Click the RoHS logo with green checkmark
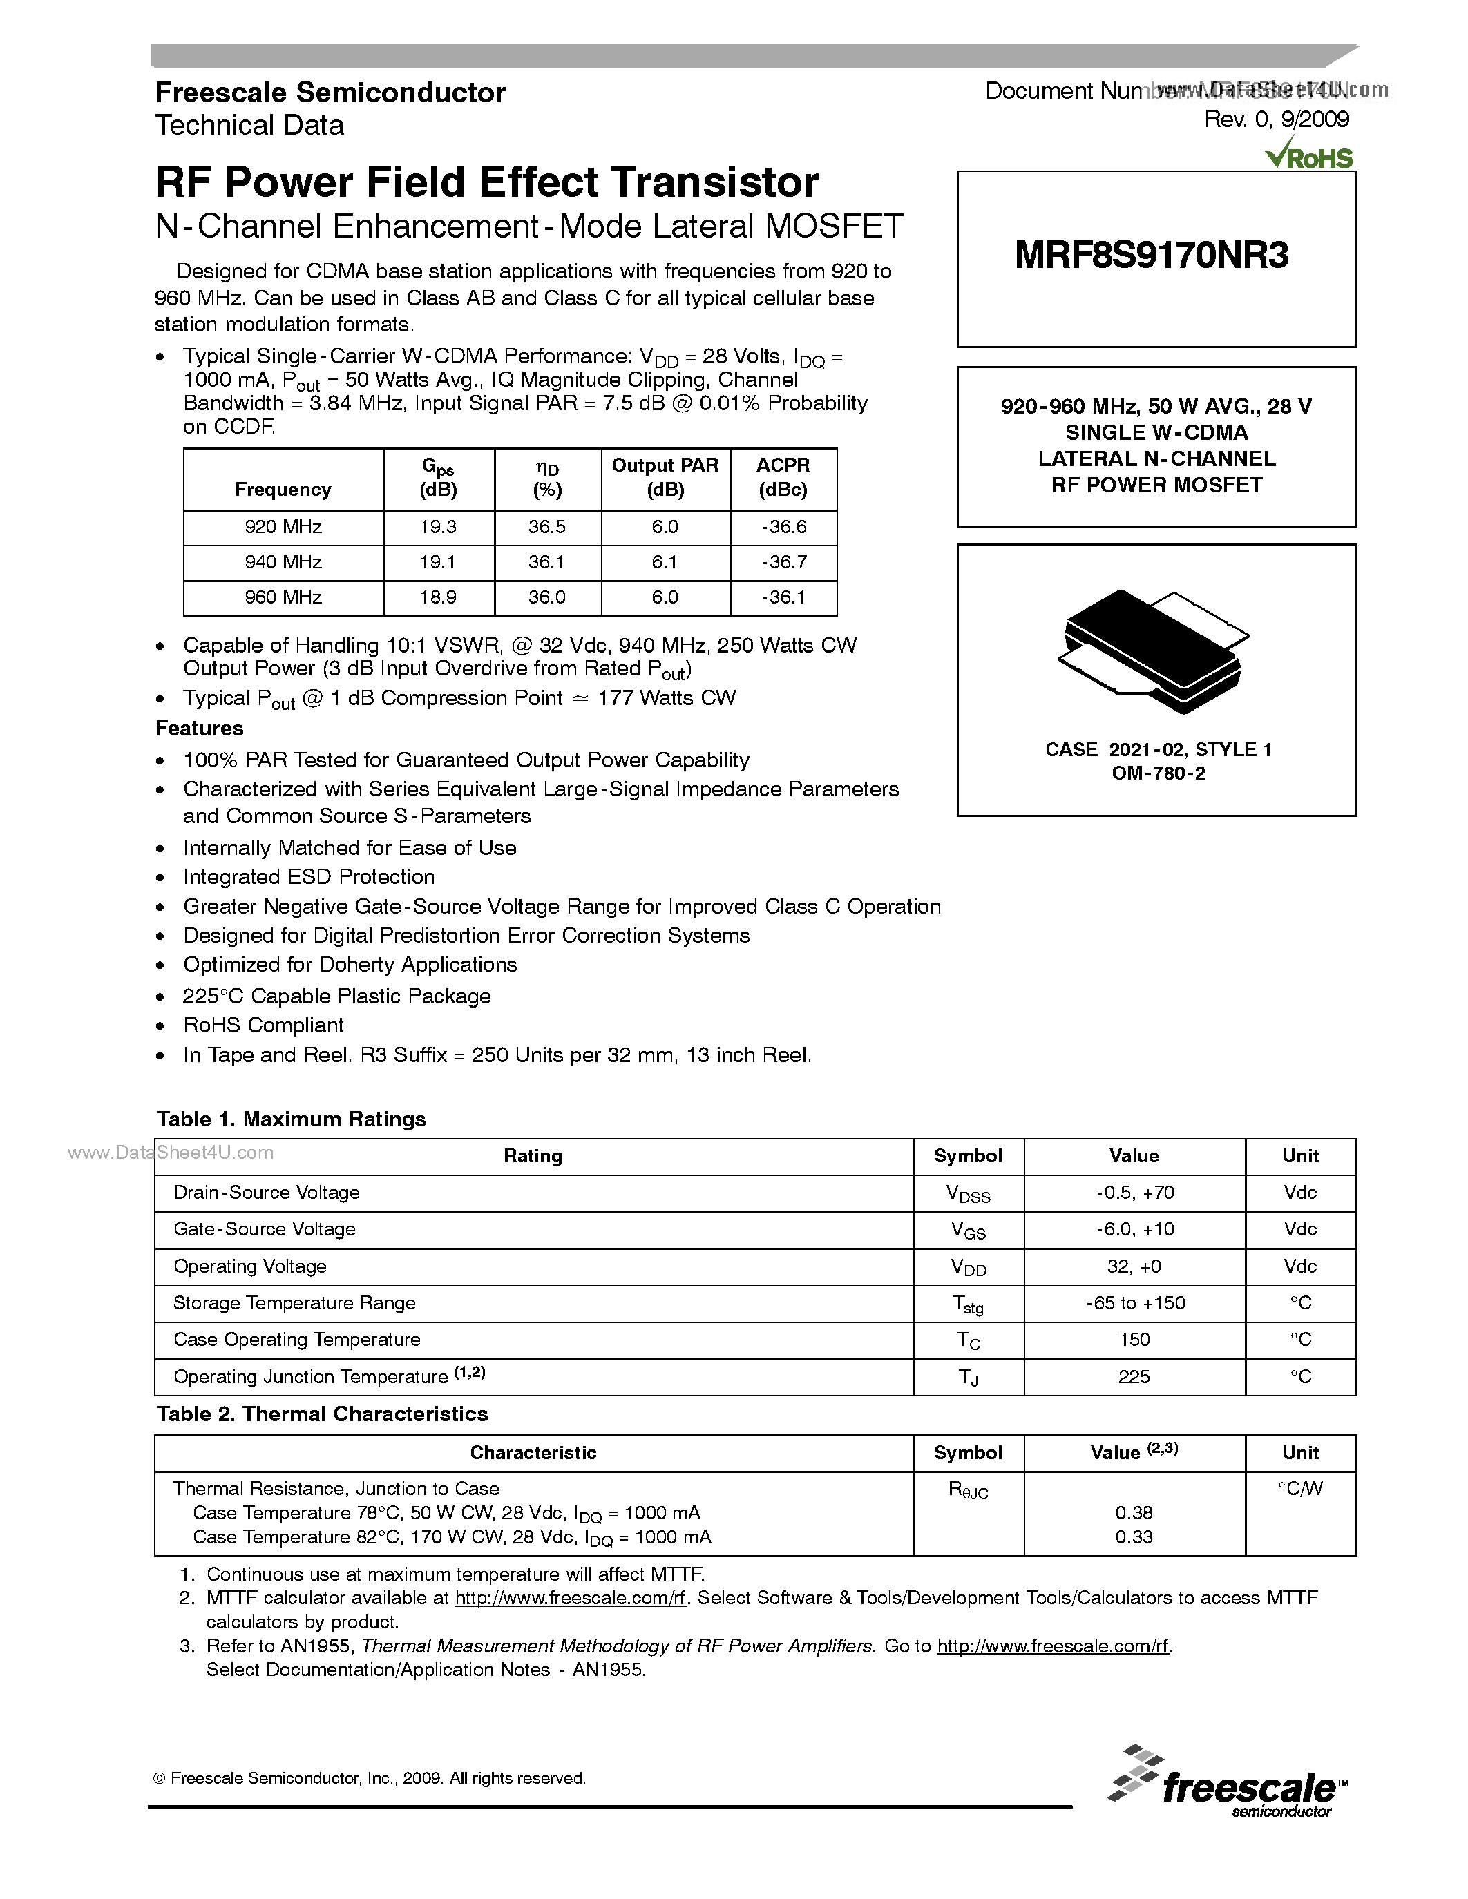(x=1310, y=157)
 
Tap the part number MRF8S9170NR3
(x=1152, y=256)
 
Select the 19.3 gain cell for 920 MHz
(x=437, y=527)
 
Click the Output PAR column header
(x=665, y=477)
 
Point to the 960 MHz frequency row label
(x=283, y=597)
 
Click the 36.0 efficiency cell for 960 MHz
(x=546, y=597)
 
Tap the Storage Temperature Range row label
(x=294, y=1302)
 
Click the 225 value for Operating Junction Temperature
(x=1134, y=1376)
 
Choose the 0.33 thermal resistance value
(x=1134, y=1536)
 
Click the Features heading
(x=199, y=729)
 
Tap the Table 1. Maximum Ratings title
(x=292, y=1119)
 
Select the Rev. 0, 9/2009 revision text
(x=1276, y=120)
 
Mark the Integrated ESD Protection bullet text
(x=309, y=876)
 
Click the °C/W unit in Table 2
(x=1299, y=1489)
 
